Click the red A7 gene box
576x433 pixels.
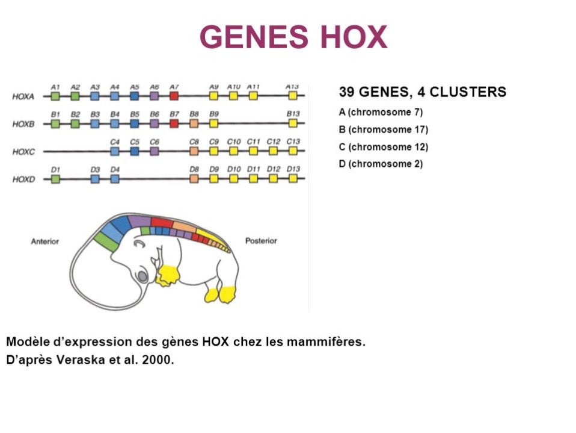(174, 96)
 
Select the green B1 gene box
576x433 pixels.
(55, 123)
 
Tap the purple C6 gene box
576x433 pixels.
(155, 151)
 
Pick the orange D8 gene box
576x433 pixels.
(194, 179)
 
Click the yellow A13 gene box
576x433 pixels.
(293, 96)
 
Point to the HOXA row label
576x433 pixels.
(23, 96)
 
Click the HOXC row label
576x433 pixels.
(23, 152)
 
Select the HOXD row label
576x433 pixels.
(23, 179)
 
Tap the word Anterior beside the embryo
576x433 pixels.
(45, 241)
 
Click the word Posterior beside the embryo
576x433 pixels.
(261, 241)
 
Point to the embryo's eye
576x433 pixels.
(142, 276)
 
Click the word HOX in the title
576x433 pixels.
(354, 37)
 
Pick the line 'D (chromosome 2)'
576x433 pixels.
(381, 164)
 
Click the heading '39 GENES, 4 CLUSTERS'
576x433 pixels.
(422, 92)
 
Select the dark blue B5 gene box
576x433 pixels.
(135, 123)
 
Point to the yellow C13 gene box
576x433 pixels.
(293, 151)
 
